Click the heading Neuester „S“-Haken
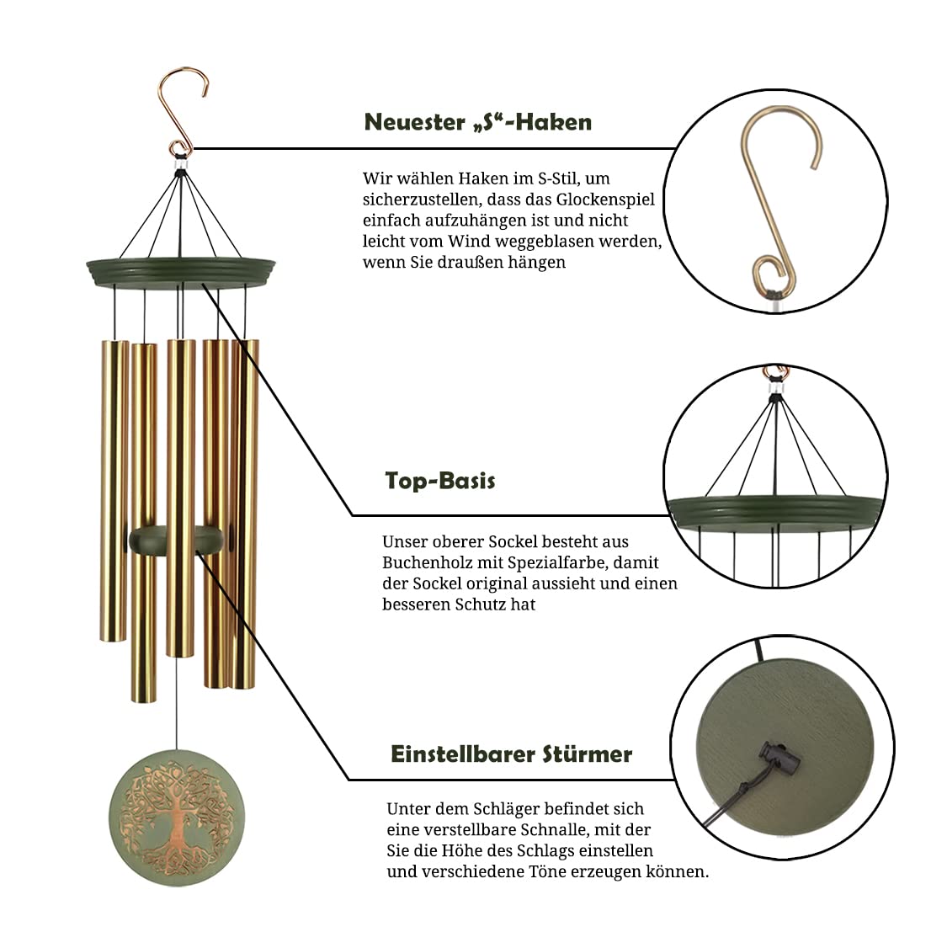click(477, 122)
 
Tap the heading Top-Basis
click(440, 481)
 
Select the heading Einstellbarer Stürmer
click(511, 754)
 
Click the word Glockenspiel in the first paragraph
click(605, 200)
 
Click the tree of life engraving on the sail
click(177, 818)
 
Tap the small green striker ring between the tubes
click(176, 540)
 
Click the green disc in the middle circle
click(775, 510)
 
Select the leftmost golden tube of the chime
click(114, 490)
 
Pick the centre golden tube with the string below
click(181, 498)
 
